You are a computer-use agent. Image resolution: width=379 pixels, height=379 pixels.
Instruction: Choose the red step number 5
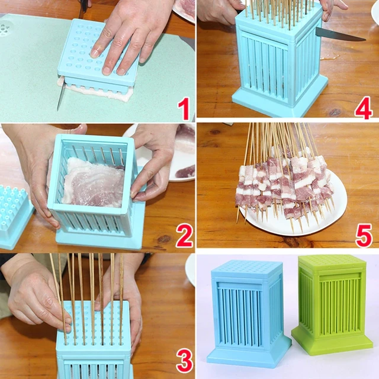(364, 235)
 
